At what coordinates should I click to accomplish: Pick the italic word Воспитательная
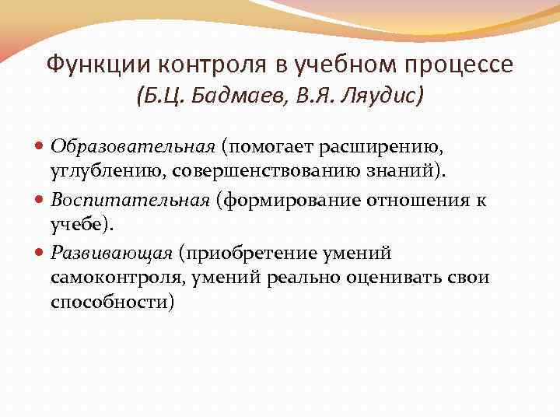point(131,200)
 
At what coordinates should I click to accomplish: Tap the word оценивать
point(394,278)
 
